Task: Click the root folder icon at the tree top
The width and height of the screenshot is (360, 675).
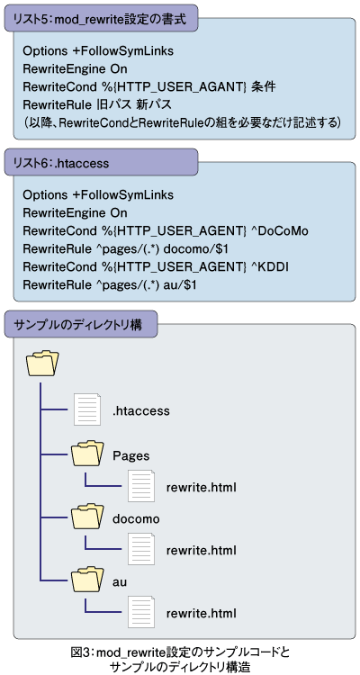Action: click(x=42, y=363)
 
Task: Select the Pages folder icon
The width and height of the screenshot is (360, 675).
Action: click(x=88, y=454)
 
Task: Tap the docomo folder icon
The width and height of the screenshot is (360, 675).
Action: click(x=88, y=517)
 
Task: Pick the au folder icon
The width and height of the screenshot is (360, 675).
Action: click(x=88, y=580)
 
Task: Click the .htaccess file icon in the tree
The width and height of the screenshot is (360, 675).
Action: click(x=87, y=409)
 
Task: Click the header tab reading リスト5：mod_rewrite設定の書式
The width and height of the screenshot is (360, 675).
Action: click(x=102, y=19)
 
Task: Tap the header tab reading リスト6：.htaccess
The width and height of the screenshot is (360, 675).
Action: click(x=102, y=163)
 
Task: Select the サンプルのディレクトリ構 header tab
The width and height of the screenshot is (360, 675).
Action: click(x=80, y=325)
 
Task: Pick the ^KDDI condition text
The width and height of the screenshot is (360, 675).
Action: click(x=271, y=267)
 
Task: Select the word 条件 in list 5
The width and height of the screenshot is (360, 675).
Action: click(x=264, y=87)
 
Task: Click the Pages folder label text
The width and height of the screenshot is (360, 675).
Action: click(x=130, y=456)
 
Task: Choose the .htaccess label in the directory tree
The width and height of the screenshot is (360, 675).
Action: click(x=140, y=411)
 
